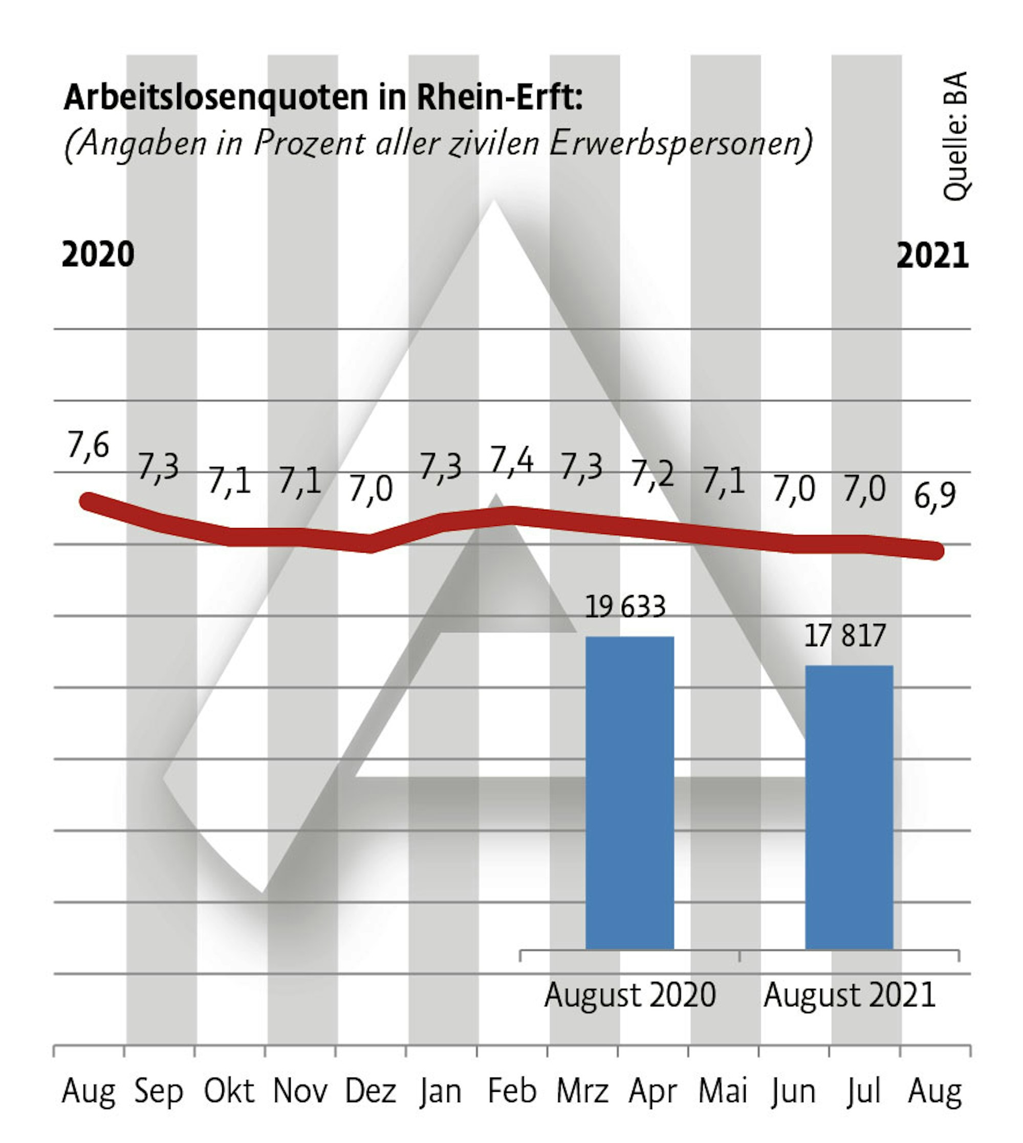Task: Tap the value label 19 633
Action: (625, 607)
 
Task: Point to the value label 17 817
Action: (845, 635)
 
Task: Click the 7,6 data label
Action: (88, 446)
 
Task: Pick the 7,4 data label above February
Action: (512, 461)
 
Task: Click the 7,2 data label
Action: (652, 474)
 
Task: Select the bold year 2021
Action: (932, 256)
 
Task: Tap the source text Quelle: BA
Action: (955, 136)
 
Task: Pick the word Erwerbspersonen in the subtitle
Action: (680, 143)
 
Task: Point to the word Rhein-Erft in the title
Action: (498, 97)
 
